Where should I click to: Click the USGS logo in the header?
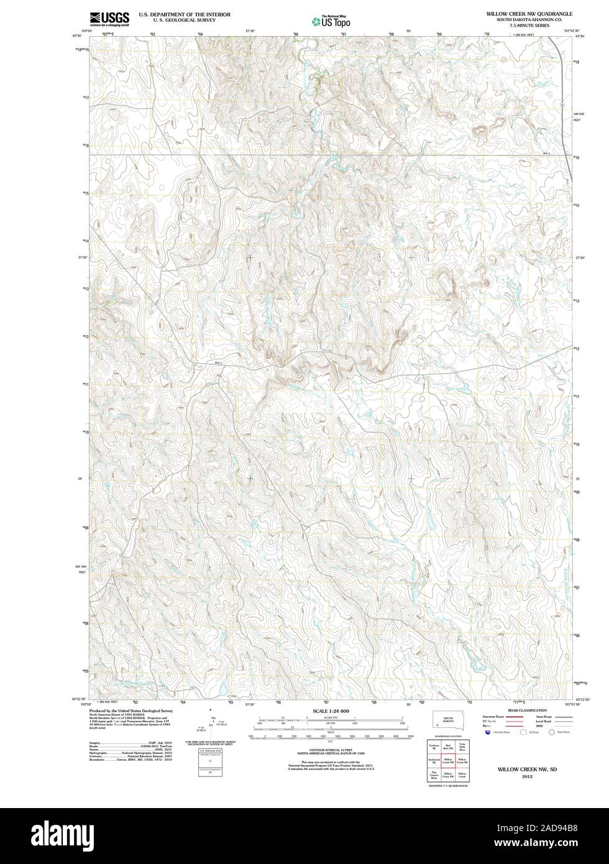point(109,18)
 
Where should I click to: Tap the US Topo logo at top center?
point(331,22)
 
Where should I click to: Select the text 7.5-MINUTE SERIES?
point(530,25)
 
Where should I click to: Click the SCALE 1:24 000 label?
point(330,710)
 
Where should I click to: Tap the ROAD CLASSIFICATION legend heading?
point(527,710)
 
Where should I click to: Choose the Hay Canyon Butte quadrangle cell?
point(433,776)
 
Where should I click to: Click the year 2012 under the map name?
point(527,776)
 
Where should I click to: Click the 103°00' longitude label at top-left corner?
point(86,30)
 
